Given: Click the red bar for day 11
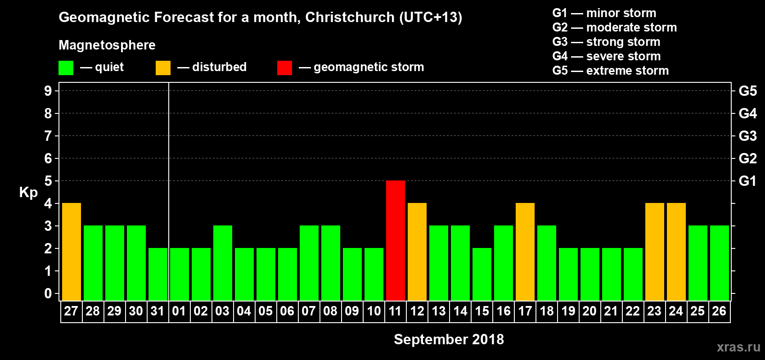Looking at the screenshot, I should point(396,240).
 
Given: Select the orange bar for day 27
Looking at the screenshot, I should point(72,252).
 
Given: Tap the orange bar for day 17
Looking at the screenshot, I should point(525,252).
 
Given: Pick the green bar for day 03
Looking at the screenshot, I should point(223,263).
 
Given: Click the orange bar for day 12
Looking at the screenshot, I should point(417,252).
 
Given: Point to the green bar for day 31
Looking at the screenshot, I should point(158,274).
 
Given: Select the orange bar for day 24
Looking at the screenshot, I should point(676,252).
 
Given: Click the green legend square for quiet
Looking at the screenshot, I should point(66,68).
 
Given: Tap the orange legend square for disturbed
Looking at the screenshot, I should point(163,68).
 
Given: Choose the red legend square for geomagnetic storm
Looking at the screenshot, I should point(284,68).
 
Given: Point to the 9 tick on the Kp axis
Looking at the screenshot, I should point(48,91).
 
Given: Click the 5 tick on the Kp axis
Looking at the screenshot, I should point(48,181).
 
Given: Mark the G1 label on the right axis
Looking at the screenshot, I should point(747,181).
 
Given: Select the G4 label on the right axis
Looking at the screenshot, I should point(747,113).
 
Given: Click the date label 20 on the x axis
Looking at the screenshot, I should point(589,311).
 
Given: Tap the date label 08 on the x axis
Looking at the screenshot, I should point(330,311).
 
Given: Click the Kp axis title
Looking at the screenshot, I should point(28,193).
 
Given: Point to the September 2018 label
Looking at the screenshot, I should point(449,339).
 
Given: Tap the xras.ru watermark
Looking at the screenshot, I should point(738,347).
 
